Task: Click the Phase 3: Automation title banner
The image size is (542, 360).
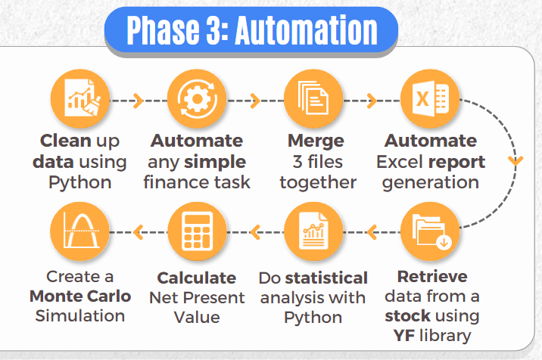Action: pyautogui.click(x=251, y=29)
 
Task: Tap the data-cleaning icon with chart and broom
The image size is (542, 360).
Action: pyautogui.click(x=80, y=99)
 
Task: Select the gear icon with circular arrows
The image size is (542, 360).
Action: pyautogui.click(x=197, y=99)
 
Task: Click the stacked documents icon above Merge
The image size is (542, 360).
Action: pyautogui.click(x=313, y=99)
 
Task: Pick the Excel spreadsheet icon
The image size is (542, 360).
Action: pyautogui.click(x=430, y=99)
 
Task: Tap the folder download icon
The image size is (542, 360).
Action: pyautogui.click(x=430, y=231)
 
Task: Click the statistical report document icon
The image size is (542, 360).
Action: pyautogui.click(x=313, y=231)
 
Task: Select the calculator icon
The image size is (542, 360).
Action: pyautogui.click(x=197, y=231)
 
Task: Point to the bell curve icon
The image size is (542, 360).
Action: pyautogui.click(x=80, y=231)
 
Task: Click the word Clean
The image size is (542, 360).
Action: pyautogui.click(x=66, y=141)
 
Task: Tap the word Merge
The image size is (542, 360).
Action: pyautogui.click(x=316, y=141)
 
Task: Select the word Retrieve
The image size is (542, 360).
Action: pyautogui.click(x=432, y=276)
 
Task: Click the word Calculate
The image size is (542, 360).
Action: pyautogui.click(x=197, y=278)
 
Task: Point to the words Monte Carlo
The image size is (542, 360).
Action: pyautogui.click(x=80, y=296)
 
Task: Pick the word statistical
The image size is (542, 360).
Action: pyautogui.click(x=326, y=278)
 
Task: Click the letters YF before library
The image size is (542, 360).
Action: pyautogui.click(x=404, y=336)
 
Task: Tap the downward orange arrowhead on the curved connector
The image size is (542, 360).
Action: pyautogui.click(x=516, y=160)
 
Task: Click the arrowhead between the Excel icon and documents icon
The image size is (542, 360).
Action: pyautogui.click(x=372, y=101)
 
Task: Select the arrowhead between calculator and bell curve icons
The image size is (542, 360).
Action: pyautogui.click(x=138, y=232)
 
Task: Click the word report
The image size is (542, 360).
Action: pyautogui.click(x=456, y=163)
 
